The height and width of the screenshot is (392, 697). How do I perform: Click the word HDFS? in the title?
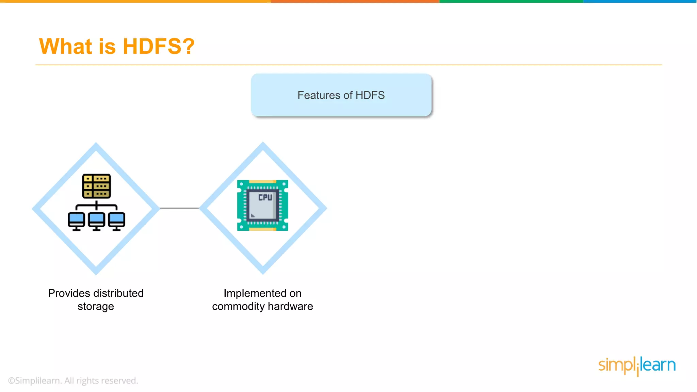pyautogui.click(x=158, y=46)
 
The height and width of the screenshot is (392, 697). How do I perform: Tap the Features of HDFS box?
pyautogui.click(x=341, y=95)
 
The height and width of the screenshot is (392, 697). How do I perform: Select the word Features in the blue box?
pyautogui.click(x=318, y=95)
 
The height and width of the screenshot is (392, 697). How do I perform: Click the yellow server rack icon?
pyautogui.click(x=96, y=186)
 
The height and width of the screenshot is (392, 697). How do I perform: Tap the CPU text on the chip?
pyautogui.click(x=265, y=197)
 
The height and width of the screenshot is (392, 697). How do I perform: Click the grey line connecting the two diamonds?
pyautogui.click(x=179, y=208)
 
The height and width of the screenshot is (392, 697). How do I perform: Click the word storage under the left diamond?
pyautogui.click(x=96, y=307)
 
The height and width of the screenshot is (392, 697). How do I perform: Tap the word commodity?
pyautogui.click(x=238, y=307)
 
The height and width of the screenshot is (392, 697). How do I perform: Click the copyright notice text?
pyautogui.click(x=73, y=380)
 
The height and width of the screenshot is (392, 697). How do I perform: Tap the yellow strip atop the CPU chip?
pyautogui.click(x=262, y=182)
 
